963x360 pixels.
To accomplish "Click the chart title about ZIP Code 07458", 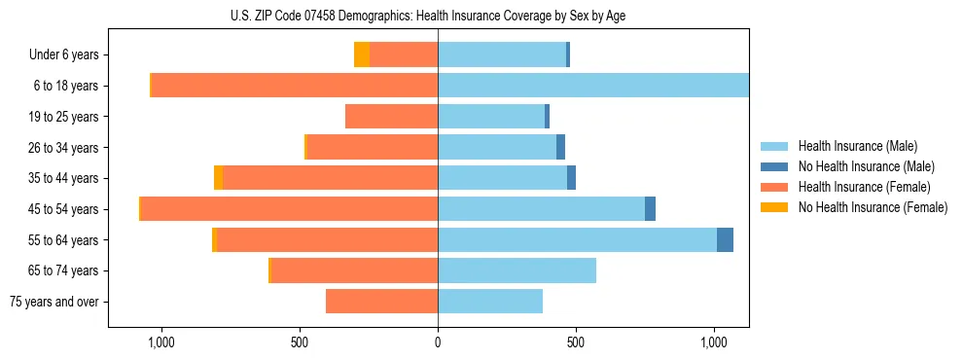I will click(x=431, y=16).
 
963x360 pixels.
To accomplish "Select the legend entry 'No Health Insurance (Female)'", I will click(x=873, y=207).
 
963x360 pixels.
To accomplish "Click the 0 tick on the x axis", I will click(x=438, y=342).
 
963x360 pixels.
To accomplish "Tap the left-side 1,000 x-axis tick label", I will click(x=160, y=342).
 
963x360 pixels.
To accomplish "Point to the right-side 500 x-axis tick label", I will click(x=576, y=342).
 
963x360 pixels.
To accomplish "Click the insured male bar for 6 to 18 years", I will click(x=593, y=86).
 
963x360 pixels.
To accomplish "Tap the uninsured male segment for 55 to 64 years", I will click(x=725, y=239).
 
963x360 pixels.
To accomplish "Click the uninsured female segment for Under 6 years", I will click(x=361, y=54).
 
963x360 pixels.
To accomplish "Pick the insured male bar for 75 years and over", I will click(x=490, y=302).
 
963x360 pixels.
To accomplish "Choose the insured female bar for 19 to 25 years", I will click(x=391, y=117).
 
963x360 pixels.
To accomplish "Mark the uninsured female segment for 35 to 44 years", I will click(x=218, y=178).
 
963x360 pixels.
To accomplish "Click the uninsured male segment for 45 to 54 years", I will click(x=650, y=209).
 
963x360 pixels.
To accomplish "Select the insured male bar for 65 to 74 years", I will click(x=517, y=270).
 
